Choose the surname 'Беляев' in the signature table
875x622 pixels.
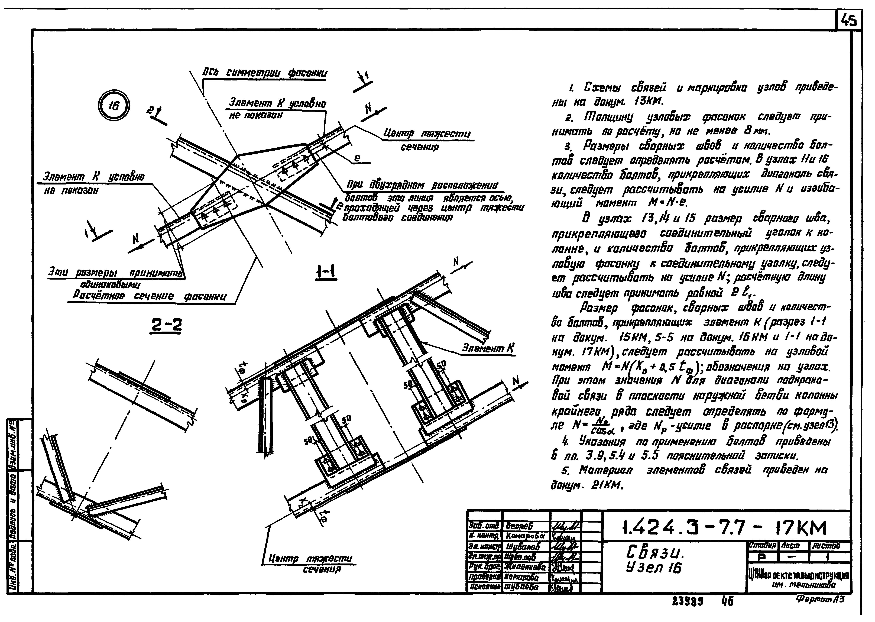519,526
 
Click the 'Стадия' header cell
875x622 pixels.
762,545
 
